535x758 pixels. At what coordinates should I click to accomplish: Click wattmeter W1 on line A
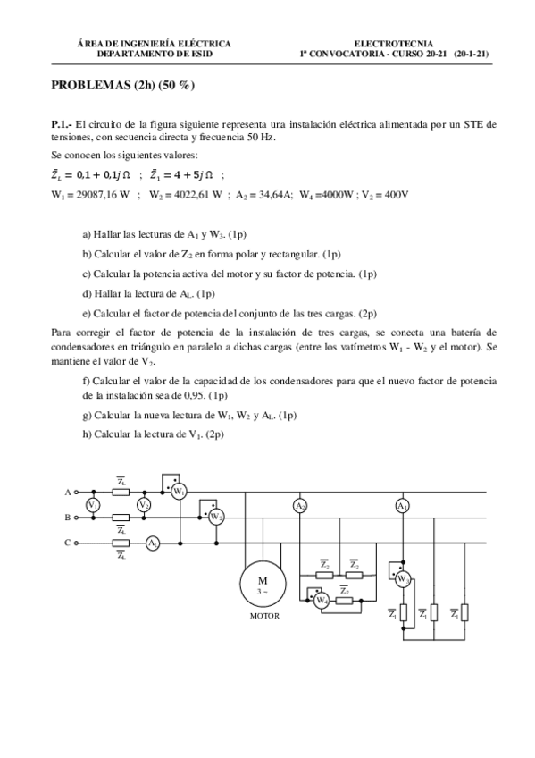pyautogui.click(x=180, y=491)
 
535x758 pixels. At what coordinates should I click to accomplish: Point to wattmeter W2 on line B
pyautogui.click(x=215, y=517)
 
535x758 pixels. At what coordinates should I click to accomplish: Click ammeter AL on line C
pyautogui.click(x=153, y=543)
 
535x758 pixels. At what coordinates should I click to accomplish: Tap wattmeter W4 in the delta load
pyautogui.click(x=322, y=601)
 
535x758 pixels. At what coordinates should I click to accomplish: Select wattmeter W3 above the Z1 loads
pyautogui.click(x=403, y=578)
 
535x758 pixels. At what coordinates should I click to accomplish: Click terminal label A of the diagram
pyautogui.click(x=67, y=492)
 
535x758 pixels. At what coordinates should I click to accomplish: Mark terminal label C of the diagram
pyautogui.click(x=67, y=543)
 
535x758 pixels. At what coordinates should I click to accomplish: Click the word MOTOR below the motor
pyautogui.click(x=264, y=616)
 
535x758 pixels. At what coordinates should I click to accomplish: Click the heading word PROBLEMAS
pyautogui.click(x=91, y=86)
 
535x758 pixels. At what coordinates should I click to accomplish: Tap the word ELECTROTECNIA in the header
pyautogui.click(x=394, y=43)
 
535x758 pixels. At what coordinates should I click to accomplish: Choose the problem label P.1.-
pyautogui.click(x=63, y=125)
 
